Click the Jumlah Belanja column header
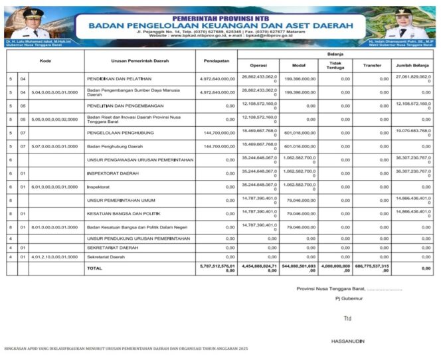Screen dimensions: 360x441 point(413,65)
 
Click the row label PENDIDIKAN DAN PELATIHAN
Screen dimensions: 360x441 point(119,79)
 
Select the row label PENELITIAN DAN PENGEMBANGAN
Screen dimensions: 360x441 point(122,105)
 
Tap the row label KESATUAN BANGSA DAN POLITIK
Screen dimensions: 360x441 point(124,214)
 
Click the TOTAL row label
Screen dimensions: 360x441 point(94,268)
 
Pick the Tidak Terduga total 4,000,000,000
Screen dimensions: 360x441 point(335,268)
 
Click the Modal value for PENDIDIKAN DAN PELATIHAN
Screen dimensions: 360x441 point(296,79)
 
